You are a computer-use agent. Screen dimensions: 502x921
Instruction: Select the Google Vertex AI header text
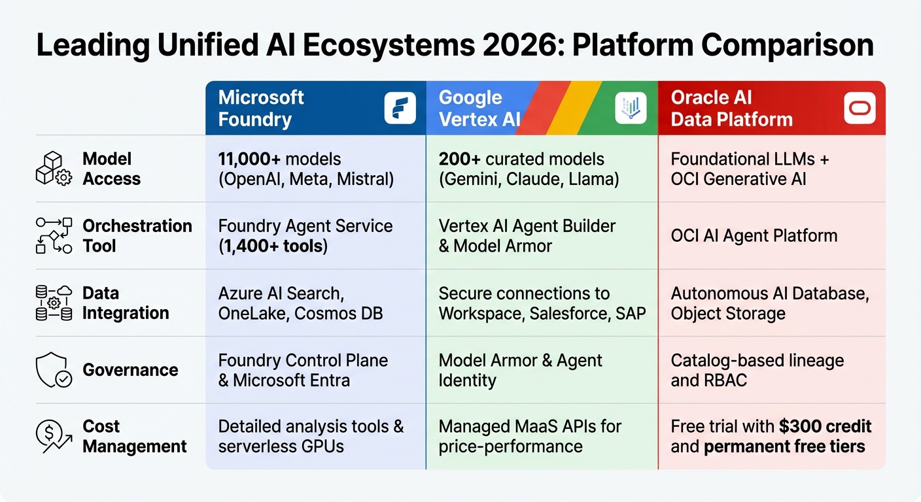pos(479,109)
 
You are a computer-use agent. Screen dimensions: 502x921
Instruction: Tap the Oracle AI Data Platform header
pos(731,109)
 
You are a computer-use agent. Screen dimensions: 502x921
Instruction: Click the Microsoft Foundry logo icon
pos(400,109)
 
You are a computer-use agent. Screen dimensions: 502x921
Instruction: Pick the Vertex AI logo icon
pos(631,109)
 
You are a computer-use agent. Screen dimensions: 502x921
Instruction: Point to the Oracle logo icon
pos(860,109)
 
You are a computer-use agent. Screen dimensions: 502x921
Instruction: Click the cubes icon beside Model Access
pos(53,169)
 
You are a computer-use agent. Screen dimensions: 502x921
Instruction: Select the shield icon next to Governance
pos(53,370)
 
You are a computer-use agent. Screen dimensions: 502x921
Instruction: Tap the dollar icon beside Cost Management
pos(53,437)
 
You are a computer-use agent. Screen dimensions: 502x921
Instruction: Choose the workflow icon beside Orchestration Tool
pos(53,236)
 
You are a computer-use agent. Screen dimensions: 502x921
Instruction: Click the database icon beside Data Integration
pos(53,303)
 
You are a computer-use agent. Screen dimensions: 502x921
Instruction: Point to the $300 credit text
pos(825,427)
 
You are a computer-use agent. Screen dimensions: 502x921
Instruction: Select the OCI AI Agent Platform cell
pos(754,236)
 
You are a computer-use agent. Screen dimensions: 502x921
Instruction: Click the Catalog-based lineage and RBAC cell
pos(757,370)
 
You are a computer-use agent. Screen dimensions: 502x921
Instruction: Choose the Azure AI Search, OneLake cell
pos(300,303)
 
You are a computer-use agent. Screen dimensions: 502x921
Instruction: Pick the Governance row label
pos(130,370)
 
